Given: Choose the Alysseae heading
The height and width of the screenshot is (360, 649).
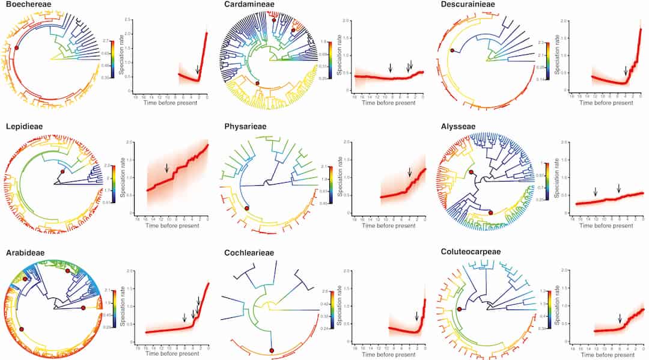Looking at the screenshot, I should coord(457,127).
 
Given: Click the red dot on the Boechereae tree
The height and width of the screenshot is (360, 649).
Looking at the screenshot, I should coord(17,47).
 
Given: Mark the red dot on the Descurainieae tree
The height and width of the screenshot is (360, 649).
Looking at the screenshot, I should coord(452,50).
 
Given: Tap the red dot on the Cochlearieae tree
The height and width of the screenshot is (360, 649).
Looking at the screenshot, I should coord(272,350).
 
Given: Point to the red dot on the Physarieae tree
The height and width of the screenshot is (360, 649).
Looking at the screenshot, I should coord(246,207).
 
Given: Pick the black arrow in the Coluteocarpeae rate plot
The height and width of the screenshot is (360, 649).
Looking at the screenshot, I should coord(620,319).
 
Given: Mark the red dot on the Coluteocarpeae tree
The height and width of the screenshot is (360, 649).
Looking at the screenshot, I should coord(460,309).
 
